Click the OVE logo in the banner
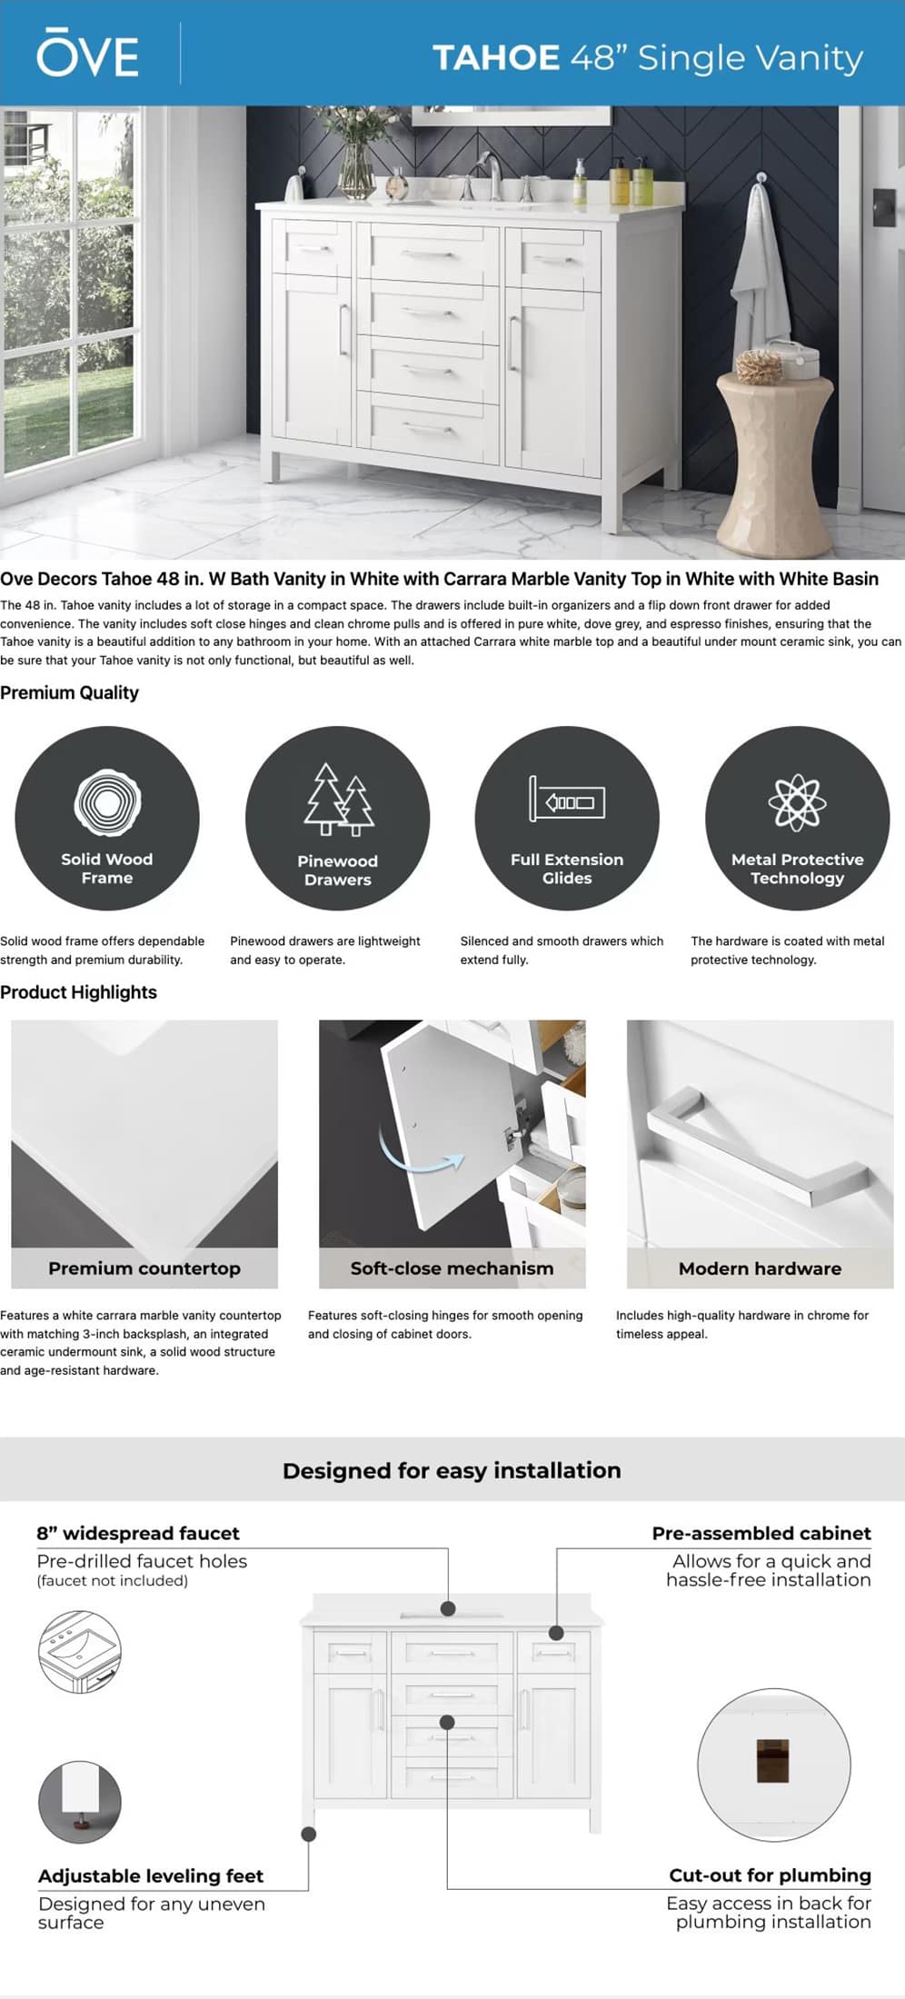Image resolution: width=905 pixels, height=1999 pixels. coord(87,55)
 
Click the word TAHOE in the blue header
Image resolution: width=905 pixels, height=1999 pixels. coord(495,58)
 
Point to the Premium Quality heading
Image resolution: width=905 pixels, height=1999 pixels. coord(70,692)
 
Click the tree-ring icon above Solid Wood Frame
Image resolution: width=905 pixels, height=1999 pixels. coord(107,802)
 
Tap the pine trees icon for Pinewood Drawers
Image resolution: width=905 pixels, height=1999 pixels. coord(338,801)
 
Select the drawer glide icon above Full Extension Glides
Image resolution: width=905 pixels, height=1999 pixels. coord(567,800)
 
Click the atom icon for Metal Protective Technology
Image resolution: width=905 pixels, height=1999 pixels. coord(797,801)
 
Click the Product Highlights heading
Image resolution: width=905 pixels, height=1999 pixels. coord(79,992)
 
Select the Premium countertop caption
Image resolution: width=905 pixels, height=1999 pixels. coord(144,1268)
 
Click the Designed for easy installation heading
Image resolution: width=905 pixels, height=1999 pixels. coord(452,1470)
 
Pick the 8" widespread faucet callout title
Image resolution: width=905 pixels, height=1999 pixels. coord(138,1533)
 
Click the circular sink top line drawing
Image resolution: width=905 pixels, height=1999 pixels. coord(80,1650)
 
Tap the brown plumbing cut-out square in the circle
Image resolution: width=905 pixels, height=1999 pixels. coord(772,1761)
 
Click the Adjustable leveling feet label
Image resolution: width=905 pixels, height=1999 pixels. coord(151,1875)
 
